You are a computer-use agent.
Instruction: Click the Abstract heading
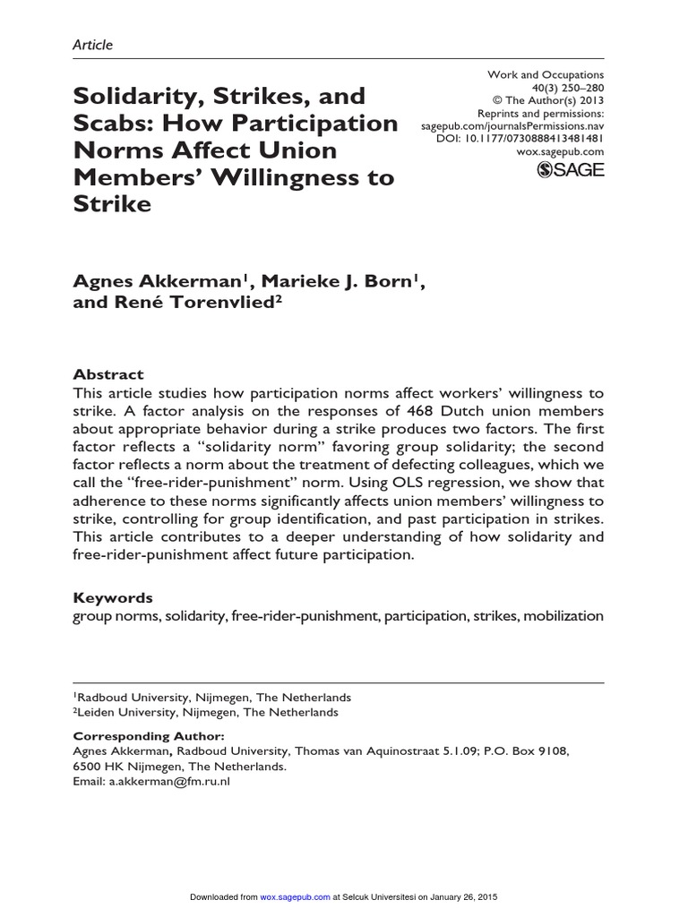(107, 374)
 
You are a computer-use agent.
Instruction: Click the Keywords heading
(112, 597)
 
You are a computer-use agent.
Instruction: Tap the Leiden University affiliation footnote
(206, 712)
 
